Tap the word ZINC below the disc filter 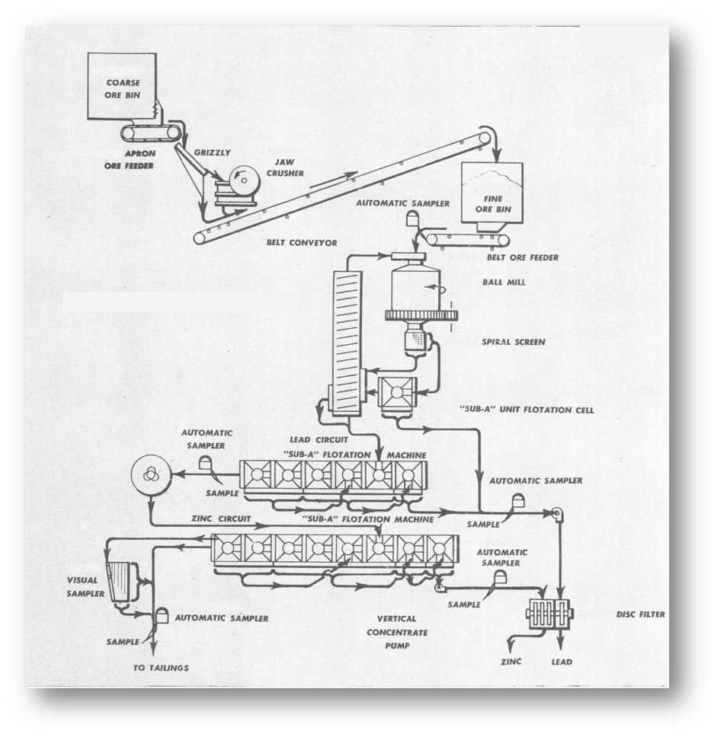(511, 662)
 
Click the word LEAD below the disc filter (562, 662)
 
